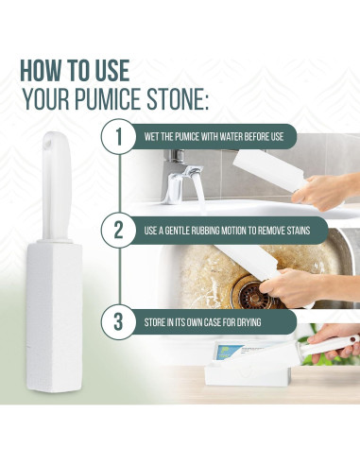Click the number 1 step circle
[x=119, y=137]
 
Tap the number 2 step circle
[x=119, y=230]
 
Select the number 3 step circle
[x=119, y=322]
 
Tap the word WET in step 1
[x=154, y=137]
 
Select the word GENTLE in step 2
[x=186, y=230]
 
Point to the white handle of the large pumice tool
[x=54, y=189]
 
